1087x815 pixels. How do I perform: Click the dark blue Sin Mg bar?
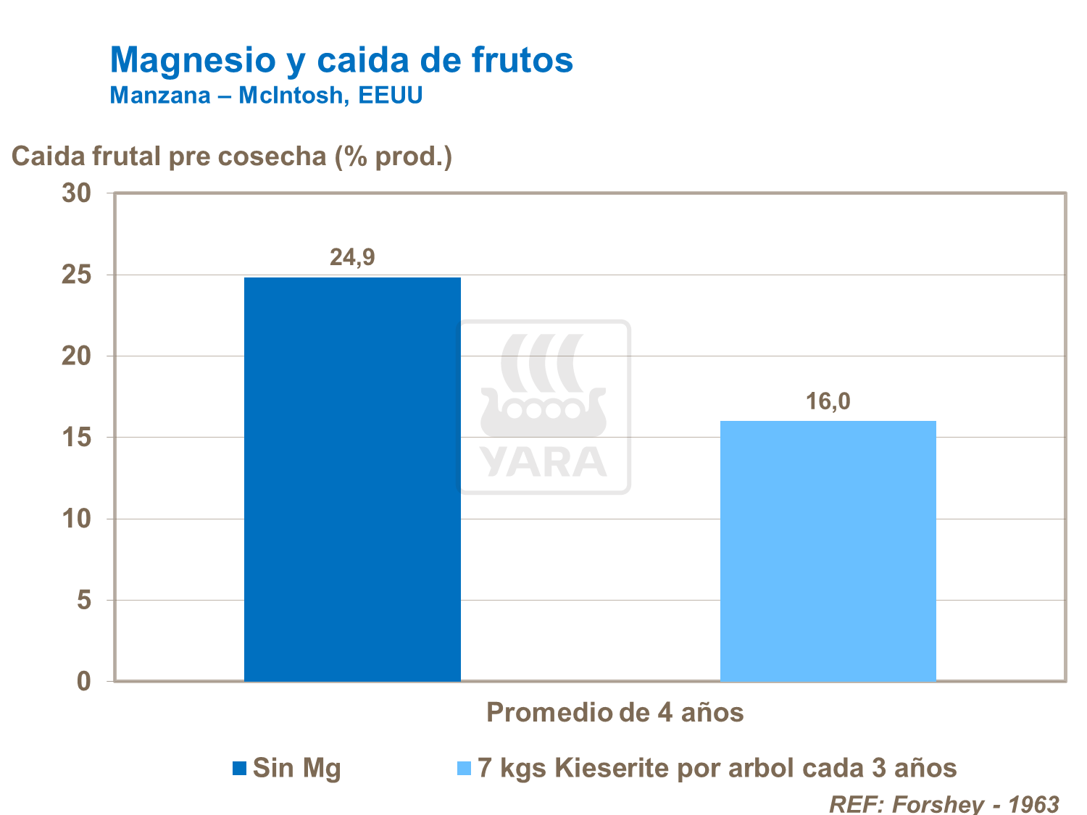[x=352, y=478]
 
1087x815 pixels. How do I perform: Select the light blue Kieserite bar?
[x=828, y=551]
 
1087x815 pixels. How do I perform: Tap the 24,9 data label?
[x=352, y=257]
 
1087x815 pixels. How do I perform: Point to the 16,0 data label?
[x=828, y=401]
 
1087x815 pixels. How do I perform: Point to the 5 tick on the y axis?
[x=84, y=601]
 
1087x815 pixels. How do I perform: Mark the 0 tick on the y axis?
[x=84, y=682]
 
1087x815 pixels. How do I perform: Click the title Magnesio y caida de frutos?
[x=341, y=59]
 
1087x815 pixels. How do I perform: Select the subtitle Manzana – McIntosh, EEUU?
[x=266, y=95]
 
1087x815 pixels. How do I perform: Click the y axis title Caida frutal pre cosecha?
[x=232, y=156]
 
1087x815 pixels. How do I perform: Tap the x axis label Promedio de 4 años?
[x=615, y=712]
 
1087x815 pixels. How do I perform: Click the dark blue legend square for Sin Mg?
[x=240, y=768]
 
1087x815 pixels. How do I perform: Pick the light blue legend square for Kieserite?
[x=465, y=768]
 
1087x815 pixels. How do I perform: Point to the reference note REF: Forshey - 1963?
[x=944, y=803]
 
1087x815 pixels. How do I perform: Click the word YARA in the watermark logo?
[x=543, y=461]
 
